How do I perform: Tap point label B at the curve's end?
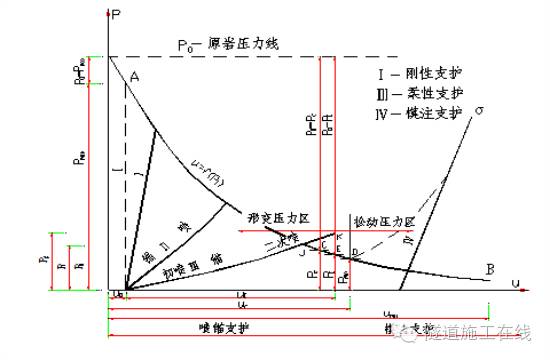pyautogui.click(x=488, y=268)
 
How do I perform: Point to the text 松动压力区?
pyautogui.click(x=382, y=217)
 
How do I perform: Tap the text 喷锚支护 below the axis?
pyautogui.click(x=215, y=329)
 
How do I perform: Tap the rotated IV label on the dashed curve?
pyautogui.click(x=407, y=241)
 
